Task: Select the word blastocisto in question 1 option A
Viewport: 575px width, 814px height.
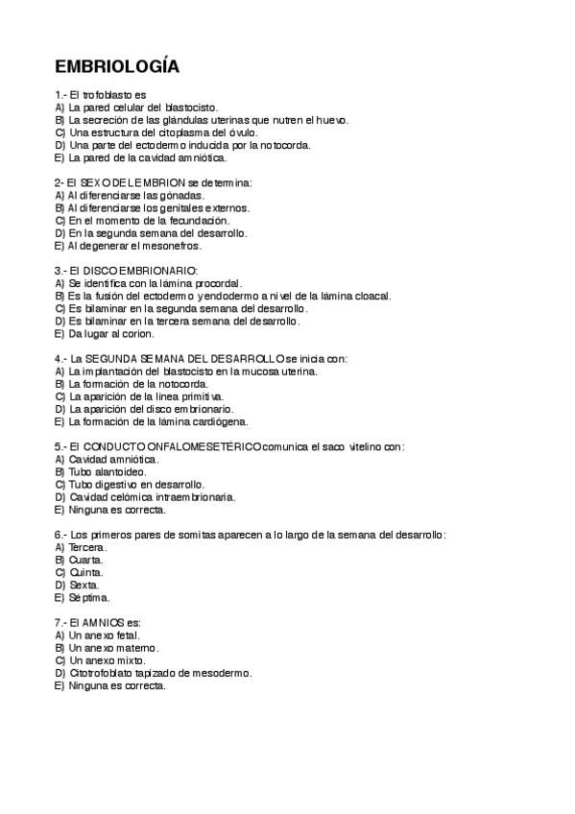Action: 192,108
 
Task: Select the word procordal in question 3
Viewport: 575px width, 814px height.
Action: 214,283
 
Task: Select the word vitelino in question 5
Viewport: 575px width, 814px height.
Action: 358,446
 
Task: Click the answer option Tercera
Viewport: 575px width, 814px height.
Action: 88,546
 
